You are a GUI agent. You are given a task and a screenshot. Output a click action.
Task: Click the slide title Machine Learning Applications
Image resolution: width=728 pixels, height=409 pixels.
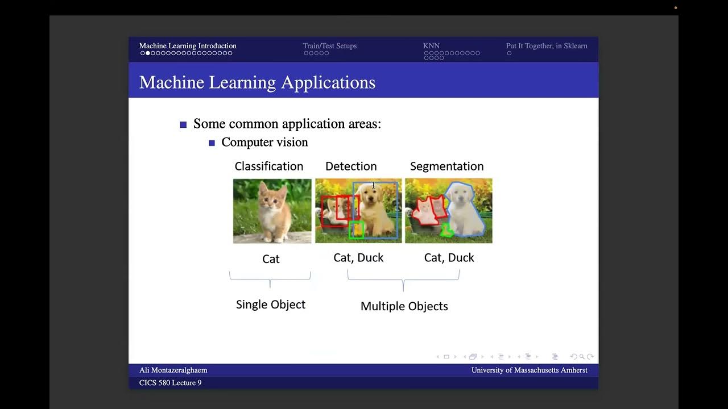[x=257, y=82]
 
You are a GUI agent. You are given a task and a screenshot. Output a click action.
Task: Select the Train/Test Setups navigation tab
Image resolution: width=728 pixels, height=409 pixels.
[x=329, y=46]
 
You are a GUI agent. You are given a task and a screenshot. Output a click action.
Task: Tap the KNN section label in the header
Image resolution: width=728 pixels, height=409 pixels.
[x=431, y=46]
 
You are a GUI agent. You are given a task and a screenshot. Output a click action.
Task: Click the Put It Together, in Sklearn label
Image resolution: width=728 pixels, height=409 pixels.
[x=546, y=46]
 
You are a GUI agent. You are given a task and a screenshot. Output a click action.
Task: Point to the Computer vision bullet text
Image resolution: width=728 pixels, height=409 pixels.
[x=264, y=143]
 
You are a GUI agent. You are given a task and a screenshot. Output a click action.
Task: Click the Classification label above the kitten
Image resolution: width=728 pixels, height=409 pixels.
[x=268, y=166]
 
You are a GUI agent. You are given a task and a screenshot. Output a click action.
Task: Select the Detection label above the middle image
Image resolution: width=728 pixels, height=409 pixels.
[x=351, y=166]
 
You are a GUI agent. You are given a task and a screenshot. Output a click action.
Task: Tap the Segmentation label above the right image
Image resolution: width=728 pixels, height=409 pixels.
[x=446, y=166]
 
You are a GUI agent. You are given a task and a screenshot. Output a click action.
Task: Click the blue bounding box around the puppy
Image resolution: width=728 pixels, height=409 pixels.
[x=396, y=210]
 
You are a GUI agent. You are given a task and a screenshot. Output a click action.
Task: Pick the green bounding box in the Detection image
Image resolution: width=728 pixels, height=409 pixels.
[x=356, y=229]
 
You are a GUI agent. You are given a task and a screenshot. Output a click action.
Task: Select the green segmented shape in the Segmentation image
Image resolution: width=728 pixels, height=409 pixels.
[x=447, y=230]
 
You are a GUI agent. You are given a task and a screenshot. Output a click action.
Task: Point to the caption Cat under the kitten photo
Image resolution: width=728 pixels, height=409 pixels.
[x=271, y=259]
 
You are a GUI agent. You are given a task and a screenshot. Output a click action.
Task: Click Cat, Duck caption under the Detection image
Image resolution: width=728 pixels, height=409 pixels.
[x=358, y=258]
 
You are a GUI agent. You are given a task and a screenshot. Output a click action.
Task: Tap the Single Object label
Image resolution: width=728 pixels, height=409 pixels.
[x=271, y=304]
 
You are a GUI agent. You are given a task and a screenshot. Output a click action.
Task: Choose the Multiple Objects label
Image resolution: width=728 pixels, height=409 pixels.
[x=404, y=306]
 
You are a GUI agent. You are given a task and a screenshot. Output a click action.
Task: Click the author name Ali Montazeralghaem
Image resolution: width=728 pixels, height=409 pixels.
[x=173, y=370]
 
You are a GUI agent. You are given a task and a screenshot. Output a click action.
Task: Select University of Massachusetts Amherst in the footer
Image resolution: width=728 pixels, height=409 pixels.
[x=529, y=370]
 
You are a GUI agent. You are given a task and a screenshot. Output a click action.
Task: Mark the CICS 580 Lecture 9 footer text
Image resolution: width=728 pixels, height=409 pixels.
[x=170, y=383]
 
